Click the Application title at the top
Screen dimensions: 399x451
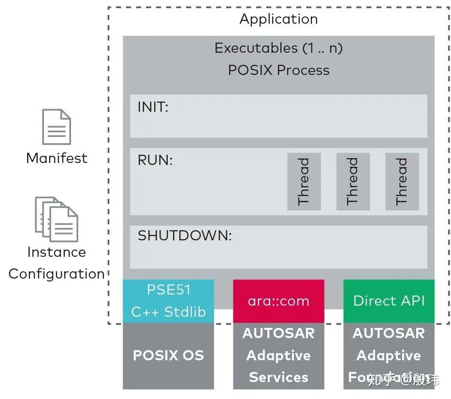[278, 19]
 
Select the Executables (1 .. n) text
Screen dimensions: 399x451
[278, 48]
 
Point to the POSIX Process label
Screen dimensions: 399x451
[278, 70]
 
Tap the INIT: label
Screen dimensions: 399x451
[153, 107]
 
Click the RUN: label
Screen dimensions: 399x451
[155, 161]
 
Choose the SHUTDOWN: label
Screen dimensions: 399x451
[185, 236]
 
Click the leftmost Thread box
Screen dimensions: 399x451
[304, 181]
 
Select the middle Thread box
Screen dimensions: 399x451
[353, 181]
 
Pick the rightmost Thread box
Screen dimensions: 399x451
[402, 181]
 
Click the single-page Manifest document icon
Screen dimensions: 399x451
[57, 127]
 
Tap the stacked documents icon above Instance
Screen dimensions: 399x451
[57, 219]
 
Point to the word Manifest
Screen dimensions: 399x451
[57, 158]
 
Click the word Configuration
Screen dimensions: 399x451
[57, 274]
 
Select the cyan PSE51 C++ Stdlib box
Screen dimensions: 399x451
[168, 301]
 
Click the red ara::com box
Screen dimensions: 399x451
[278, 301]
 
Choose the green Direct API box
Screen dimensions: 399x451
[389, 301]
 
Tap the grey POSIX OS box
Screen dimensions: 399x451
[168, 355]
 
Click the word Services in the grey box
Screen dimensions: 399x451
[278, 377]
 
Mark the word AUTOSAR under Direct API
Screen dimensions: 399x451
[389, 333]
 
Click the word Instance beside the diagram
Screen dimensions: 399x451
[57, 252]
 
